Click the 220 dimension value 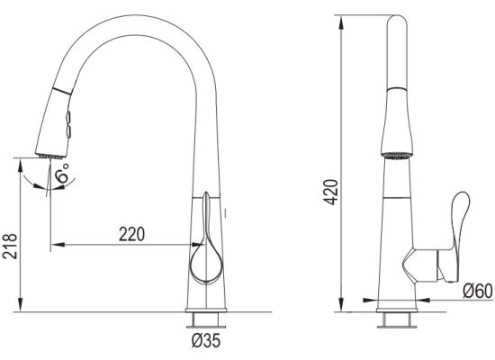pos(131,234)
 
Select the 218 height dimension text pos(10,247)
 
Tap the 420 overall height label pos(331,193)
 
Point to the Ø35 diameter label pos(206,341)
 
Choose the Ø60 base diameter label pos(478,292)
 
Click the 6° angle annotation pos(61,173)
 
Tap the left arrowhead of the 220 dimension pos(58,245)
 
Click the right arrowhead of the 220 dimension pos(199,245)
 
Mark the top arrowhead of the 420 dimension pos(341,22)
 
